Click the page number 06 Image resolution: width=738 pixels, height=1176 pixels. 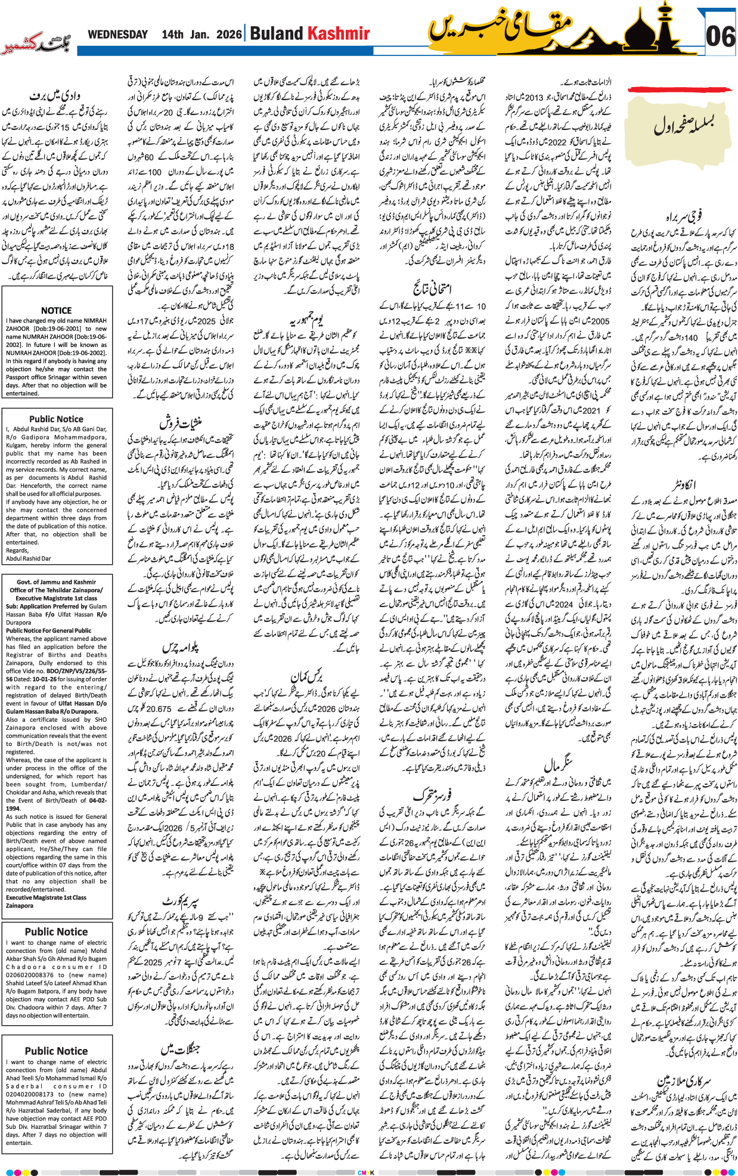click(720, 37)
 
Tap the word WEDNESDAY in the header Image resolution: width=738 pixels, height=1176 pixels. click(118, 35)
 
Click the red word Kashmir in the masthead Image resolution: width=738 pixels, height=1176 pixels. click(338, 34)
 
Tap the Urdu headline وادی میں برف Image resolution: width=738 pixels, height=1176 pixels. click(55, 95)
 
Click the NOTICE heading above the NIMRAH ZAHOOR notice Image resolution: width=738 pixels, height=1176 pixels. click(56, 310)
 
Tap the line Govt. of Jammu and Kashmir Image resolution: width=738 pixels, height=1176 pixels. click(56, 582)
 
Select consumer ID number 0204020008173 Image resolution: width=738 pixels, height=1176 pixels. click(30, 1094)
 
